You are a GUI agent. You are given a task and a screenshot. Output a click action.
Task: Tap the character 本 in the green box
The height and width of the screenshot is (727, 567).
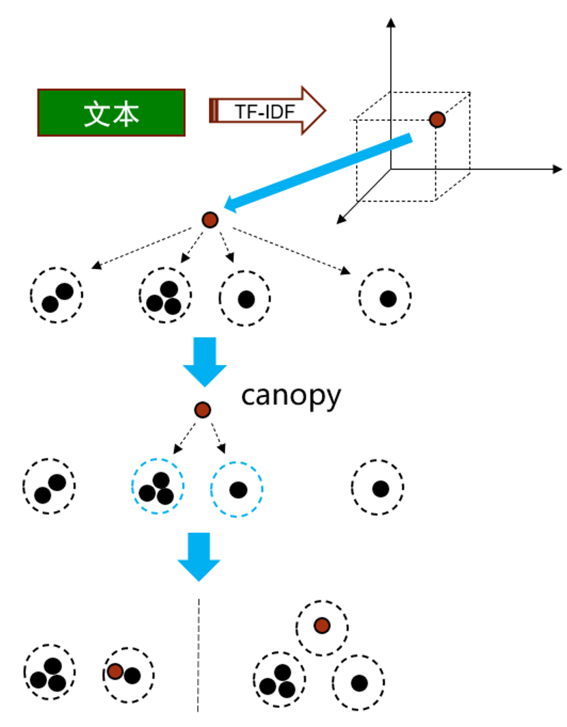click(x=126, y=113)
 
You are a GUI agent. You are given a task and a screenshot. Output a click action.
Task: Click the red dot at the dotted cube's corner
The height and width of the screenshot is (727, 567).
click(x=437, y=120)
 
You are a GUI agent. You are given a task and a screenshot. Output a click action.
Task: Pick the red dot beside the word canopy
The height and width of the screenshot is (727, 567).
click(x=202, y=410)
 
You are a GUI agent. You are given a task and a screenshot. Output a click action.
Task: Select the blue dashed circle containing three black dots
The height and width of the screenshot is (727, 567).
click(x=158, y=488)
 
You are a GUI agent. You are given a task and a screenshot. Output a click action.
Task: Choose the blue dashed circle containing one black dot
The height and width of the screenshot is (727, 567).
click(x=237, y=489)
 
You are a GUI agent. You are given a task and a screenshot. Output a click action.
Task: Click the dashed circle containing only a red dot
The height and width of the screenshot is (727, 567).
click(x=322, y=625)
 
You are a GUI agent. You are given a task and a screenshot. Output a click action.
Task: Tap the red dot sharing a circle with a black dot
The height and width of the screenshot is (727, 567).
click(x=115, y=672)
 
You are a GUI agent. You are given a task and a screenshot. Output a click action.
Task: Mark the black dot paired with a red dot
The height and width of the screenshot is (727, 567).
click(x=132, y=676)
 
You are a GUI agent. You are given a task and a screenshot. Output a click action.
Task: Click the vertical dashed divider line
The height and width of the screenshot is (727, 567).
click(x=199, y=656)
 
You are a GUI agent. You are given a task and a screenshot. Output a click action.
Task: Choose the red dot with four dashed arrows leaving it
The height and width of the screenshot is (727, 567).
click(x=209, y=220)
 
